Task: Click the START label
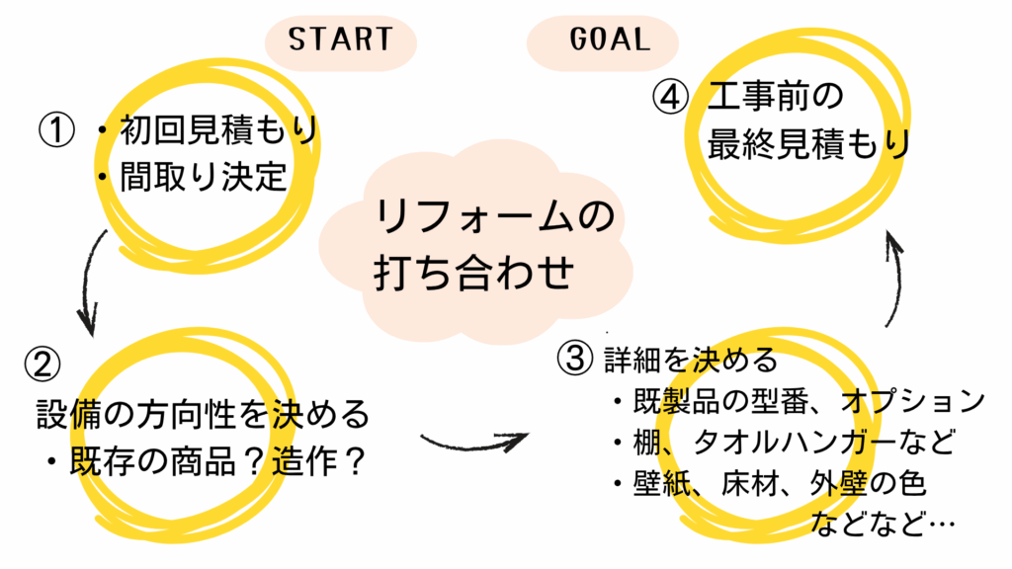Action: (x=340, y=40)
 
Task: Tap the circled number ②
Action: (x=42, y=365)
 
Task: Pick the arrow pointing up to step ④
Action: (x=896, y=277)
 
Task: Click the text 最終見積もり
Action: (x=807, y=144)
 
